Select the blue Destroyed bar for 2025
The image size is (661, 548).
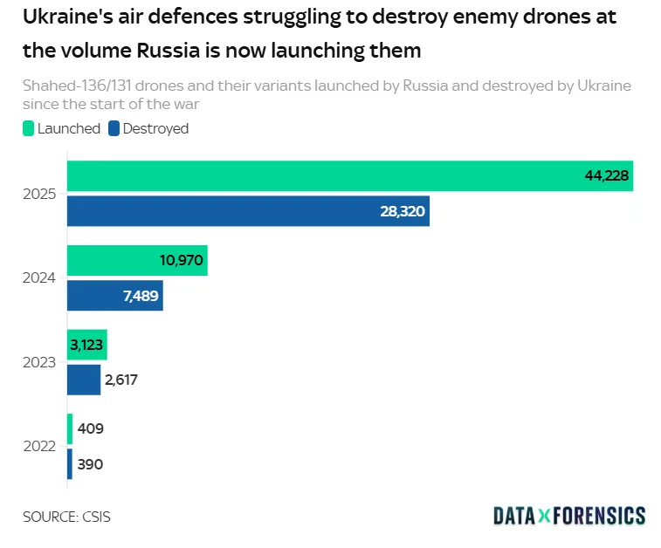[248, 211]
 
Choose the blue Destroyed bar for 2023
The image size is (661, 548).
[84, 380]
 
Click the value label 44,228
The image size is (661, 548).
[607, 176]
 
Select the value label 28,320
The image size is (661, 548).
[403, 211]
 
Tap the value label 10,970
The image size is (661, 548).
[180, 261]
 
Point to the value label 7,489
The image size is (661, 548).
[140, 296]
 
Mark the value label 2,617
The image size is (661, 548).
[123, 380]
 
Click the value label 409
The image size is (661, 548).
[91, 429]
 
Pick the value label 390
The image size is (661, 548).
[90, 464]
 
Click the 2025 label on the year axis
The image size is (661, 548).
[40, 194]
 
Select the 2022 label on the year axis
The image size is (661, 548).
[40, 446]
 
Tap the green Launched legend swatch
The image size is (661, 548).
[28, 128]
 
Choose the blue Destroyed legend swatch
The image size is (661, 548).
[114, 128]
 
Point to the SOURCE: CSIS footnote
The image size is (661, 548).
[67, 517]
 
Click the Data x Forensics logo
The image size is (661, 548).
[569, 516]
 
